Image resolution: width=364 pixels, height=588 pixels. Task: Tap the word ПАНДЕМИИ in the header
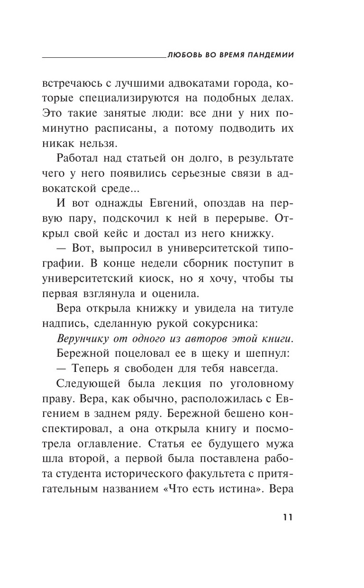point(267,55)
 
